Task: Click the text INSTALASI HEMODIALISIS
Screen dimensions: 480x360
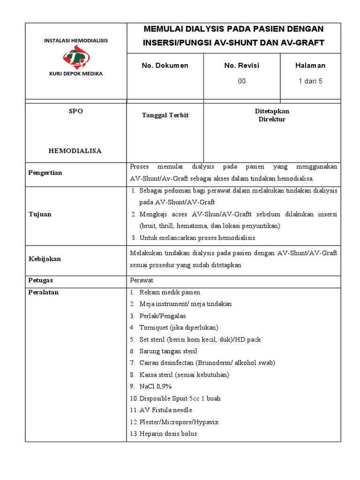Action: [76, 41]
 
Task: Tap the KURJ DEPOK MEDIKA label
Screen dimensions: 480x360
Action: [76, 74]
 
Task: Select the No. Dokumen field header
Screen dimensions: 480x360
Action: [165, 66]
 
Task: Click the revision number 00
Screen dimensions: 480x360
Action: [241, 81]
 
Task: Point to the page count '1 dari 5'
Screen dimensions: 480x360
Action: [310, 81]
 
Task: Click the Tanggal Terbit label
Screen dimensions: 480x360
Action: [165, 115]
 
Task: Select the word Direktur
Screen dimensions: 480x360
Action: [272, 119]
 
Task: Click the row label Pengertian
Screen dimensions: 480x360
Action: [45, 172]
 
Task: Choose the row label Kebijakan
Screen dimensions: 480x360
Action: [44, 259]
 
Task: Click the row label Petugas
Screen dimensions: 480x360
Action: [42, 280]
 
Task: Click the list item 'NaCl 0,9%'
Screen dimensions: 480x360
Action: [156, 386]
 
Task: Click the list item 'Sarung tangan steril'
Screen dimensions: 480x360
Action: [168, 351]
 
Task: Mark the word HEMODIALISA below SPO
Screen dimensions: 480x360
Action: [75, 151]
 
